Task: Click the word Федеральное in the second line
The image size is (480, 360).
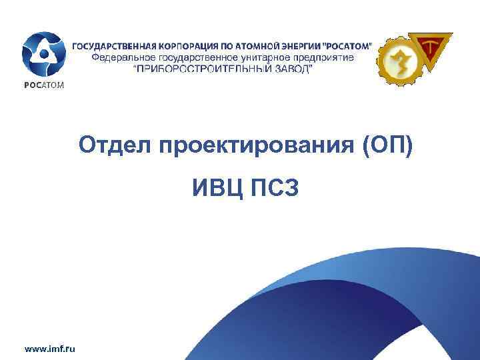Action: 119,58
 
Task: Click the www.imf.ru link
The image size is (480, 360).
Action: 49,347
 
